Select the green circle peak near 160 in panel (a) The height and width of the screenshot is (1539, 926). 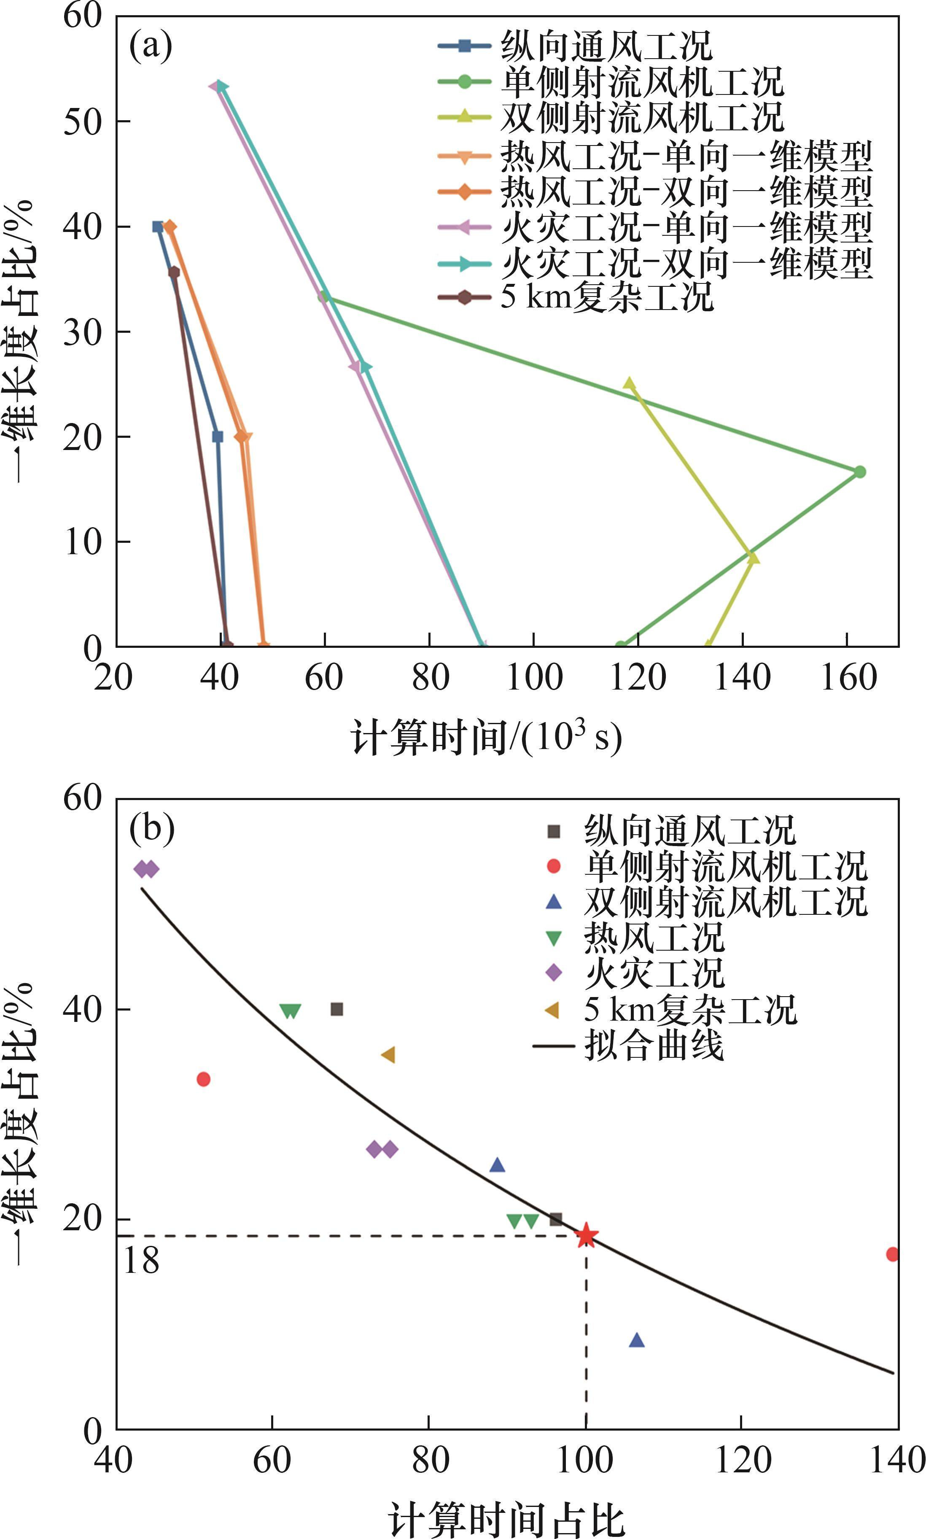click(859, 472)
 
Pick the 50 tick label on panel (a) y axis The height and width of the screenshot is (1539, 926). click(82, 122)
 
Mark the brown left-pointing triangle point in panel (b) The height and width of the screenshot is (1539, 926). click(388, 1055)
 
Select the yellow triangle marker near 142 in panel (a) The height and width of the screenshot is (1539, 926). click(753, 557)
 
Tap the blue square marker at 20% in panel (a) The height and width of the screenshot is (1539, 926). click(217, 436)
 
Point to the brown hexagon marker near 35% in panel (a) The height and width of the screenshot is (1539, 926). click(174, 272)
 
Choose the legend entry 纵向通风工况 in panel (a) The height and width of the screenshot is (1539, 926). click(605, 46)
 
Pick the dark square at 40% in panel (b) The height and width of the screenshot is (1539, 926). click(337, 1009)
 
